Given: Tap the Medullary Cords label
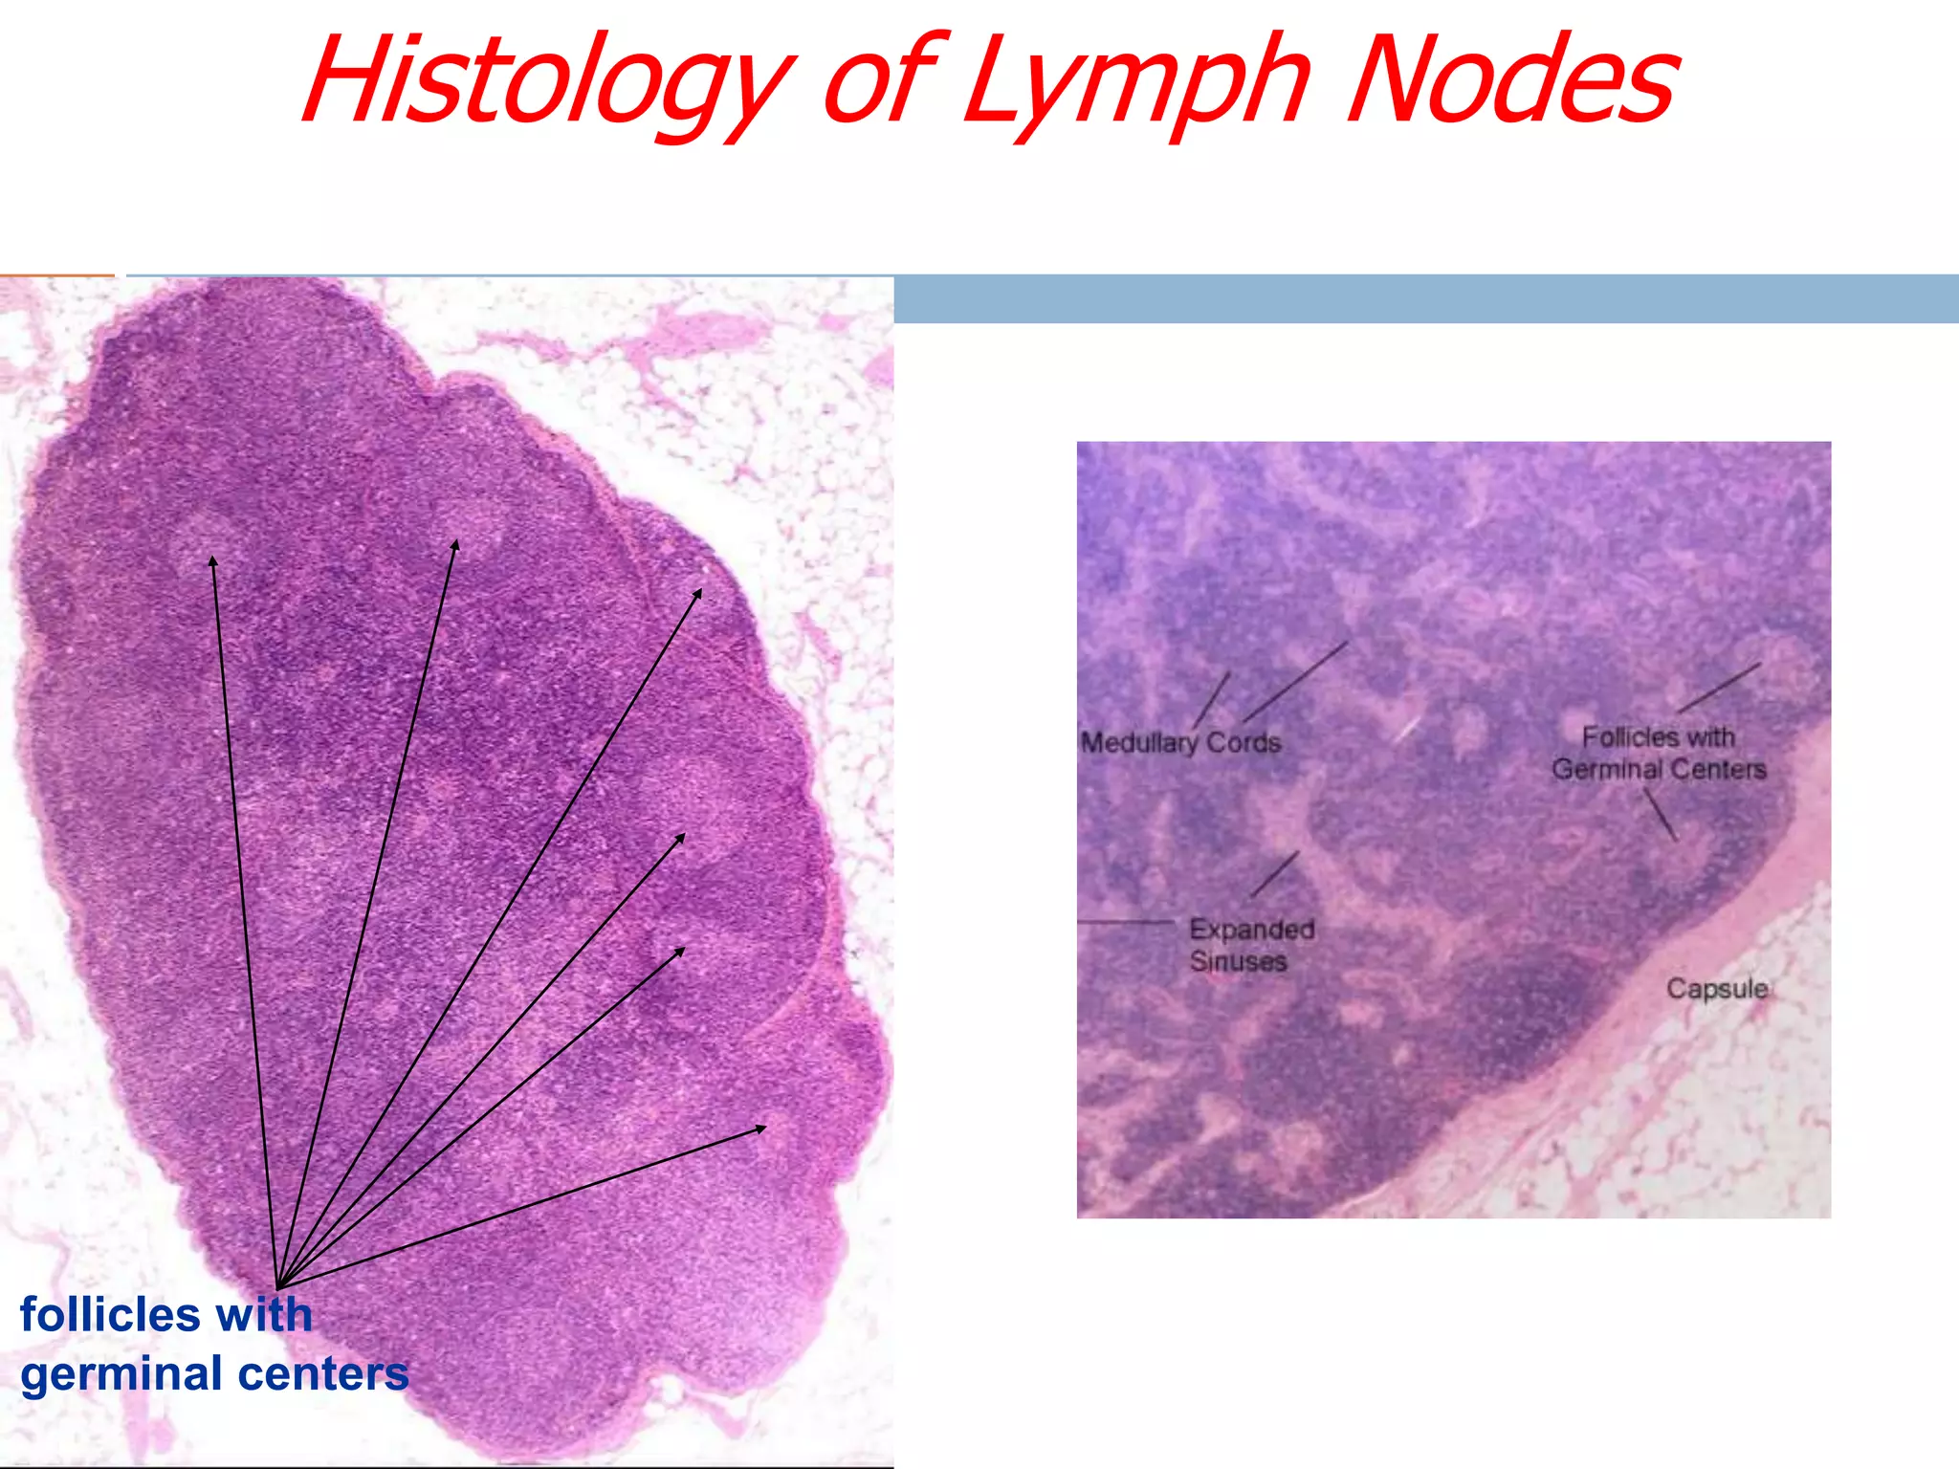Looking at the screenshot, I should [1180, 743].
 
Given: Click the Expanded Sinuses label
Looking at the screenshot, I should [1250, 945].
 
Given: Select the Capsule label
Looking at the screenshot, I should [1716, 988].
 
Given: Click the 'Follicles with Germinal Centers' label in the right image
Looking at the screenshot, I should [1659, 754].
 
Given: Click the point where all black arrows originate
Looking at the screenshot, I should [276, 1287].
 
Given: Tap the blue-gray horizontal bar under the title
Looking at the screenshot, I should [1425, 299].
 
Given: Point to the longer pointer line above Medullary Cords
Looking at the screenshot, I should [1296, 681].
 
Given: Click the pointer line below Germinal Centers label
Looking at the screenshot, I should [1661, 814].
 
